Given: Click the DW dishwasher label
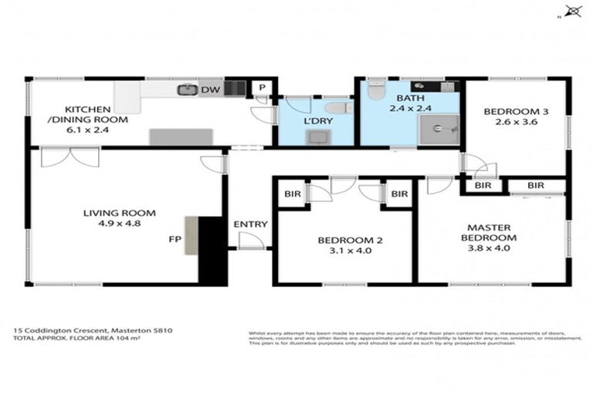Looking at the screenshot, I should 208,90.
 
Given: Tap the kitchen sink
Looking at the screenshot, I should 186,90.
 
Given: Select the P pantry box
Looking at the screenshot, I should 263,88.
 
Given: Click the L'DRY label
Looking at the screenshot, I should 317,123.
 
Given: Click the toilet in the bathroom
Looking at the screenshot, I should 375,91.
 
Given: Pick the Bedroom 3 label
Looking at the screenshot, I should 516,113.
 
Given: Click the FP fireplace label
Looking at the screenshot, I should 175,240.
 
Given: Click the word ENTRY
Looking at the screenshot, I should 250,225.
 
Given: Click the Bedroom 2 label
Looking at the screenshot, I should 345,240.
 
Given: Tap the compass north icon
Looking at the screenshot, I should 572,12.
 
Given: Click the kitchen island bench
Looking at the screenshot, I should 181,137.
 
